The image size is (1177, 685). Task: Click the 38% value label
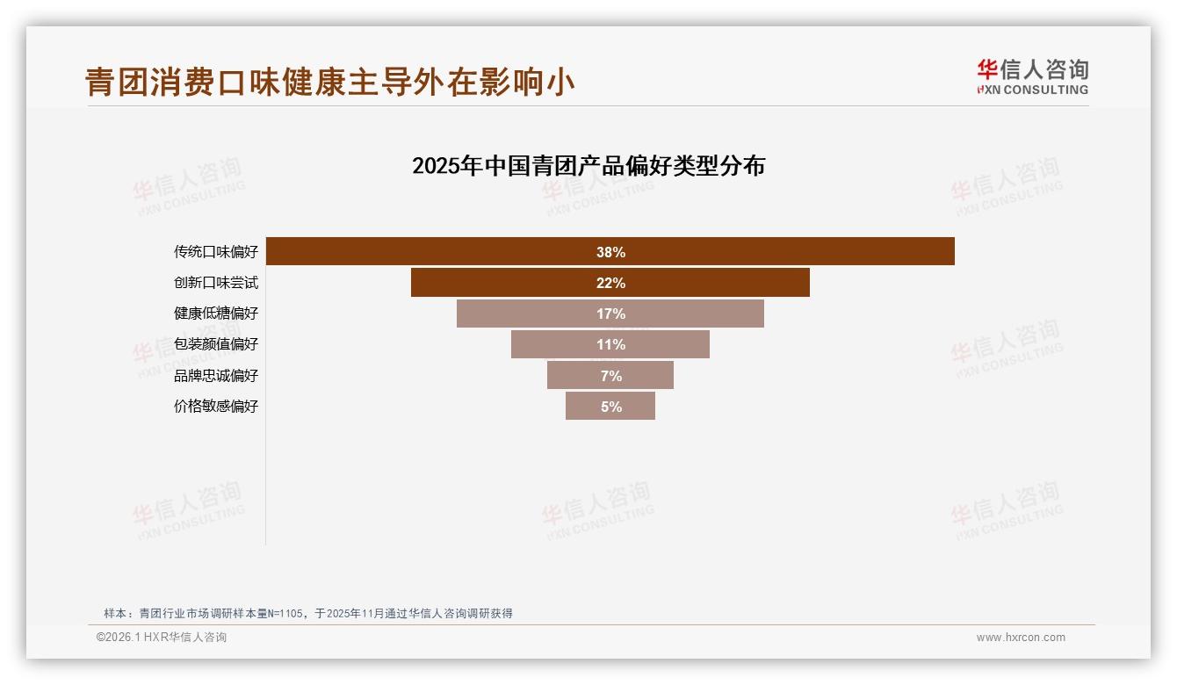610,252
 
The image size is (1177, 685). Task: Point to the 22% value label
610,283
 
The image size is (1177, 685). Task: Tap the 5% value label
610,407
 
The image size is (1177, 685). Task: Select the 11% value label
610,344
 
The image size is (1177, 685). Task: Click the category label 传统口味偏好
216,252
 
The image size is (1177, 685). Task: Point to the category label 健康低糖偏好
216,314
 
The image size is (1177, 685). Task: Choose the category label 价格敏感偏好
216,407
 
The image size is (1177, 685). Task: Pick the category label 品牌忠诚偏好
216,376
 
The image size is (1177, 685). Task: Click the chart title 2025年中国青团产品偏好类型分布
588,166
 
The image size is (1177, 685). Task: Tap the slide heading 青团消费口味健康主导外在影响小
330,82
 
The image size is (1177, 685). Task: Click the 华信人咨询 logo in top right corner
1032,76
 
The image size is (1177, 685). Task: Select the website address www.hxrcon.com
1021,638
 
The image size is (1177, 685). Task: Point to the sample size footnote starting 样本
307,613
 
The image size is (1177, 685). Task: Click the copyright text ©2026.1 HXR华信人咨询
162,638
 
